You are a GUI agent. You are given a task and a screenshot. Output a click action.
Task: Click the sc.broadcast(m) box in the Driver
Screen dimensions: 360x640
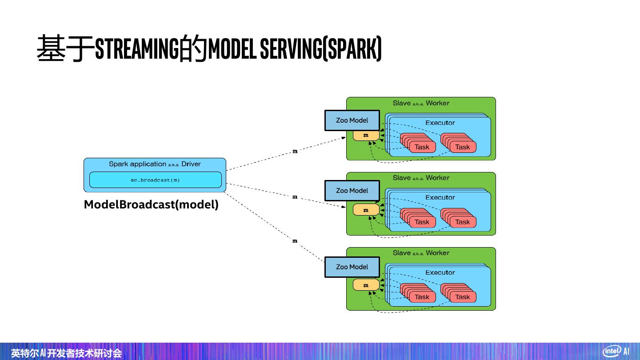155,180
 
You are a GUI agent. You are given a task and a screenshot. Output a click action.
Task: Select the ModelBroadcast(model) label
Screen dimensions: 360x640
151,205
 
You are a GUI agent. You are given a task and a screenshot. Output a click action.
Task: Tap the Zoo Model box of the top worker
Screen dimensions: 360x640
352,120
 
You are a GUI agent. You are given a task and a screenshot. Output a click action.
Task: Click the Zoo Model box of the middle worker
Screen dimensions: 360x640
352,191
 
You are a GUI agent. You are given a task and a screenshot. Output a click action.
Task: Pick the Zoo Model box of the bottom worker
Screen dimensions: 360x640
352,267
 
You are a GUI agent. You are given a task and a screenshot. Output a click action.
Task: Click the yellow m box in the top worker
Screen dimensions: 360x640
366,135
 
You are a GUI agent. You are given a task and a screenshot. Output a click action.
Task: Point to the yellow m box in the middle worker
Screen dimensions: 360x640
366,210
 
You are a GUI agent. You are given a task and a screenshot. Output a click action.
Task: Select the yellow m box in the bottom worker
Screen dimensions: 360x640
366,285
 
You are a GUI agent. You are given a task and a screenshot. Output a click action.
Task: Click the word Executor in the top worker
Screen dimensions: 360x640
440,123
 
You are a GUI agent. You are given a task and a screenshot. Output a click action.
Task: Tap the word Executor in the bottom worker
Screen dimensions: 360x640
440,272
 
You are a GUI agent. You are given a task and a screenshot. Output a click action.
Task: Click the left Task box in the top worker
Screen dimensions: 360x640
422,147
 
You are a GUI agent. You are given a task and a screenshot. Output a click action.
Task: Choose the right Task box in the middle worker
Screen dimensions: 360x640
462,222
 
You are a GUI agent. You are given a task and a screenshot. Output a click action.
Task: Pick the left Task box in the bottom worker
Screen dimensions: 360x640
422,297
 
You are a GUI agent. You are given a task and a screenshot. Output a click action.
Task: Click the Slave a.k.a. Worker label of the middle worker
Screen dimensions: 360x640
421,178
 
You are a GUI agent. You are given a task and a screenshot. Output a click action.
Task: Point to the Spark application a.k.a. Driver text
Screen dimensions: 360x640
155,164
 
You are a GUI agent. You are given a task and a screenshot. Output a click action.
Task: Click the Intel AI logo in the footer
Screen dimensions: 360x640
616,351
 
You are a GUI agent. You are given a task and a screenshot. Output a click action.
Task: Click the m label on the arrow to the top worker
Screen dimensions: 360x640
295,152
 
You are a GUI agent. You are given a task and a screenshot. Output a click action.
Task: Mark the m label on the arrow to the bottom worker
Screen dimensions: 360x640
295,241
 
